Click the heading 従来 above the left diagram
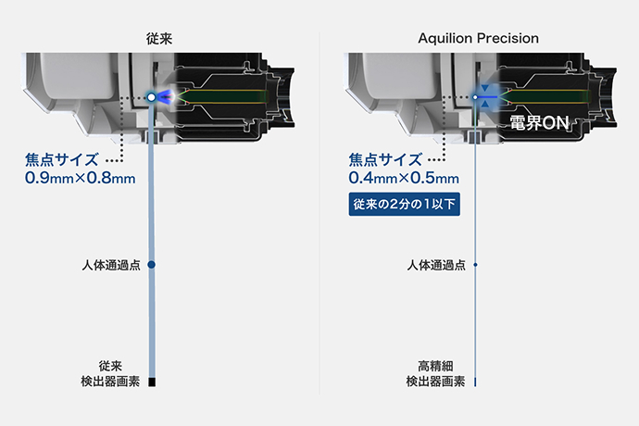click(x=159, y=39)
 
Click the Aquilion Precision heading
click(x=479, y=39)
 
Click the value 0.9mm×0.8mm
click(x=81, y=177)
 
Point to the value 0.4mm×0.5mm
click(x=404, y=177)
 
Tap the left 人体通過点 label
click(x=111, y=266)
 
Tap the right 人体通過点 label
click(x=435, y=266)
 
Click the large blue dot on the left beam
click(x=151, y=265)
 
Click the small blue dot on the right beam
click(x=475, y=265)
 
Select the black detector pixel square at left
click(x=151, y=381)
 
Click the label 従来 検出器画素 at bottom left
click(x=111, y=373)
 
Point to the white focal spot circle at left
click(x=150, y=96)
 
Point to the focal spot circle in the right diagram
click(x=474, y=96)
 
